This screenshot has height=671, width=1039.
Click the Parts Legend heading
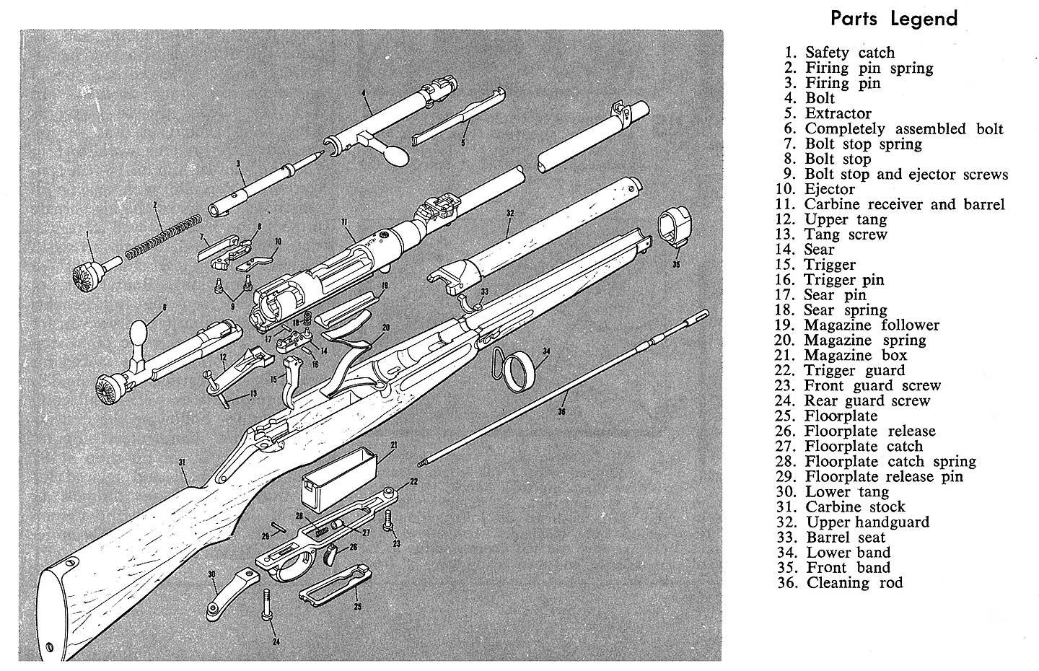point(894,19)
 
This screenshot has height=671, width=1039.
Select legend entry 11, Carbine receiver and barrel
point(895,204)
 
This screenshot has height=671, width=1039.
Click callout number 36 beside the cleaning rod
point(562,413)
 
